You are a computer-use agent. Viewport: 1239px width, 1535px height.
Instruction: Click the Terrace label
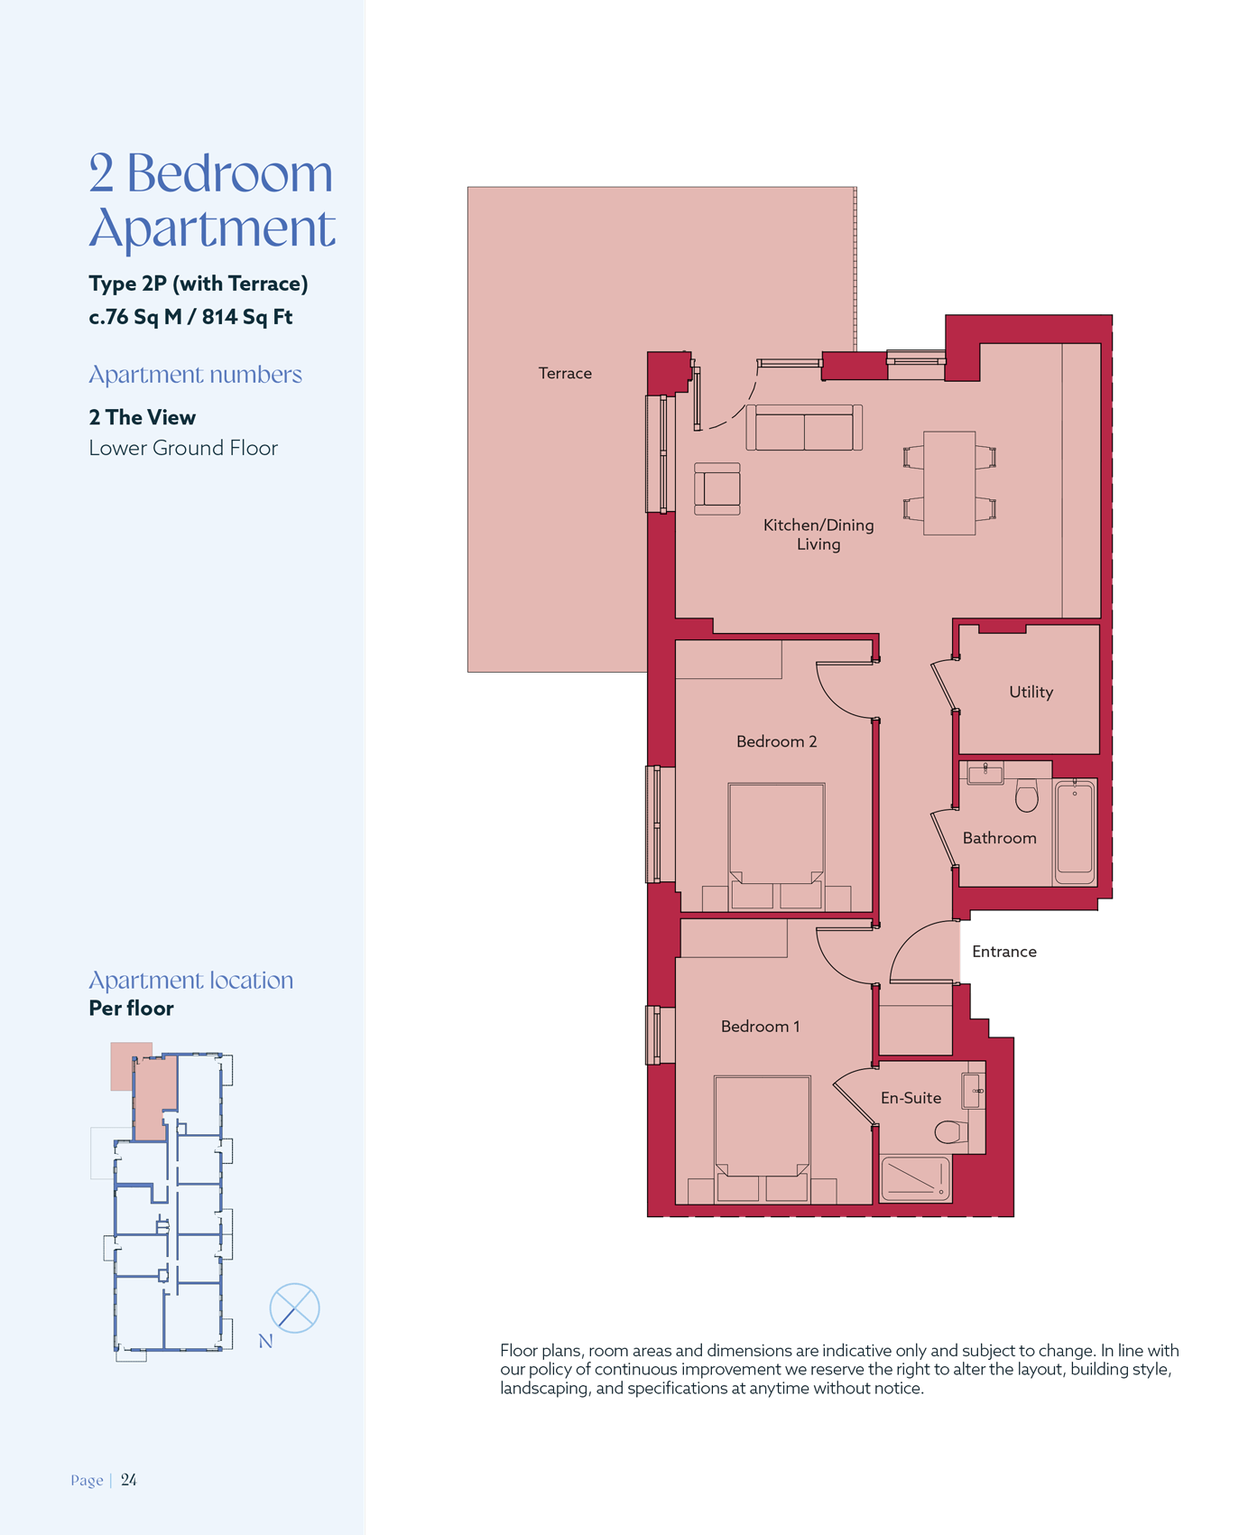click(x=565, y=373)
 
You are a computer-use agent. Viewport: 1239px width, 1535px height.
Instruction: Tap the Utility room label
click(x=1031, y=692)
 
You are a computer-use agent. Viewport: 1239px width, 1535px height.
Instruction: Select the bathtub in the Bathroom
click(x=1074, y=832)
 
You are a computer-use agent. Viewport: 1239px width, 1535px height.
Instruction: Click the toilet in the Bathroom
click(x=1026, y=795)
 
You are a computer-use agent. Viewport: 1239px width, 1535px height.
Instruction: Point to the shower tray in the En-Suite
click(x=915, y=1179)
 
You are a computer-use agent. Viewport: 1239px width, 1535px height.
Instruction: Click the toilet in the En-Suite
click(x=951, y=1131)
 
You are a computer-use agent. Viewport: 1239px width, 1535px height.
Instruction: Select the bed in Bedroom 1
click(x=762, y=1139)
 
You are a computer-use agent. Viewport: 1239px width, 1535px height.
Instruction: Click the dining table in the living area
click(x=949, y=483)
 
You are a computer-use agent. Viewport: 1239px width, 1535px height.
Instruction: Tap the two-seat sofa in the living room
click(x=804, y=427)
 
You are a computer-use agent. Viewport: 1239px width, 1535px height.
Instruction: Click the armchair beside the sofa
click(x=717, y=488)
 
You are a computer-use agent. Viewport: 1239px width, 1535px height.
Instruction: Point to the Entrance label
click(x=1003, y=952)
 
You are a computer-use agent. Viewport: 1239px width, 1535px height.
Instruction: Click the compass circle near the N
click(x=295, y=1307)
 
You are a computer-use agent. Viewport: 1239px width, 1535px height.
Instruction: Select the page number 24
click(x=129, y=1479)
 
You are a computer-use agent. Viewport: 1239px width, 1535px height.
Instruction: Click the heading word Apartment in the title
click(x=212, y=228)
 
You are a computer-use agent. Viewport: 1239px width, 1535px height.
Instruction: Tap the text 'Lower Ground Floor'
click(x=183, y=448)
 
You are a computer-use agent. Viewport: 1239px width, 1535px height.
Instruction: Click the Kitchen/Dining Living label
click(x=818, y=535)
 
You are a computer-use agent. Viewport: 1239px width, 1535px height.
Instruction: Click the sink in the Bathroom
click(x=985, y=773)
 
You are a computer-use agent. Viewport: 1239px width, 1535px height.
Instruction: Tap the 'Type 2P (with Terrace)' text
click(x=199, y=284)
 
